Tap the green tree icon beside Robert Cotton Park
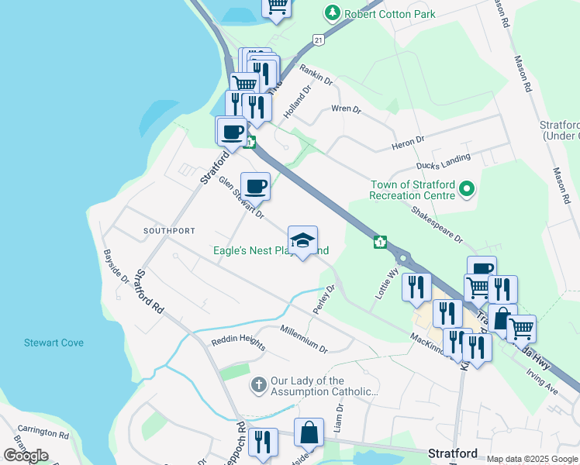coord(333,13)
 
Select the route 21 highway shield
coord(319,39)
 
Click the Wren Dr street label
coord(346,109)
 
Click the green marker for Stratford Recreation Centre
coord(466,189)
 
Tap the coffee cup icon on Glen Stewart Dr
coord(255,186)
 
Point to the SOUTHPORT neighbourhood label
coord(169,231)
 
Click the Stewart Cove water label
coord(54,343)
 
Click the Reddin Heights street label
coord(238,342)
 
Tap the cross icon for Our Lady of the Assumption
coord(258,384)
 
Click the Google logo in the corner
coord(26,455)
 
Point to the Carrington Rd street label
coord(43,432)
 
